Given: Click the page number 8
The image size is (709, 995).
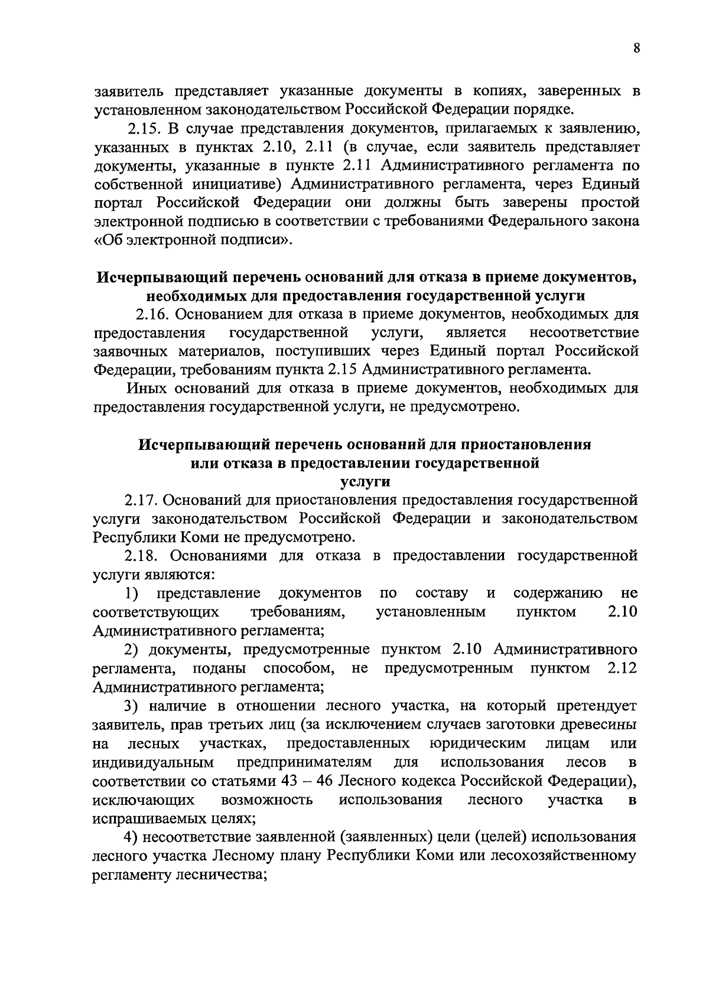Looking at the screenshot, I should click(x=636, y=49).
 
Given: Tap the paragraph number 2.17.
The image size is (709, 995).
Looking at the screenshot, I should click(x=139, y=500).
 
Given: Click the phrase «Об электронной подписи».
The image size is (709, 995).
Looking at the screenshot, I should click(x=193, y=240).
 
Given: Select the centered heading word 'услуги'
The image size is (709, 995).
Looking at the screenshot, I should click(x=366, y=482).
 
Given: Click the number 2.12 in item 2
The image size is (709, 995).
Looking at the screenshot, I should click(x=622, y=668).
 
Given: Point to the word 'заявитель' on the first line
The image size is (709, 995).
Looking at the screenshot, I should click(x=129, y=91).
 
